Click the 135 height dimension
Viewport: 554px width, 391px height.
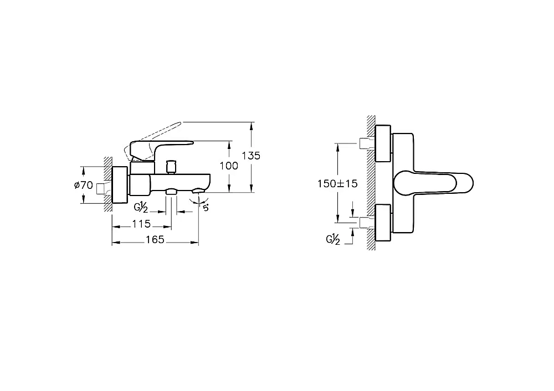click(251, 156)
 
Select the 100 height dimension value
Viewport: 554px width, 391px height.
click(229, 166)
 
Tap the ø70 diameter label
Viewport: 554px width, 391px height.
click(84, 185)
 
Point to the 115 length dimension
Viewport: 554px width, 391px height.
click(141, 224)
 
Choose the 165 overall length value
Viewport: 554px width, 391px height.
click(155, 239)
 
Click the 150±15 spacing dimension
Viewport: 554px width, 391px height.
click(337, 184)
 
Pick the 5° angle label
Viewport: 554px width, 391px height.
click(206, 208)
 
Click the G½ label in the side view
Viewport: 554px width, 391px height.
click(141, 207)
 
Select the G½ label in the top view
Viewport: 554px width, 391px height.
click(333, 240)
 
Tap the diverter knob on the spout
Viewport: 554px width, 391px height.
click(171, 167)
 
